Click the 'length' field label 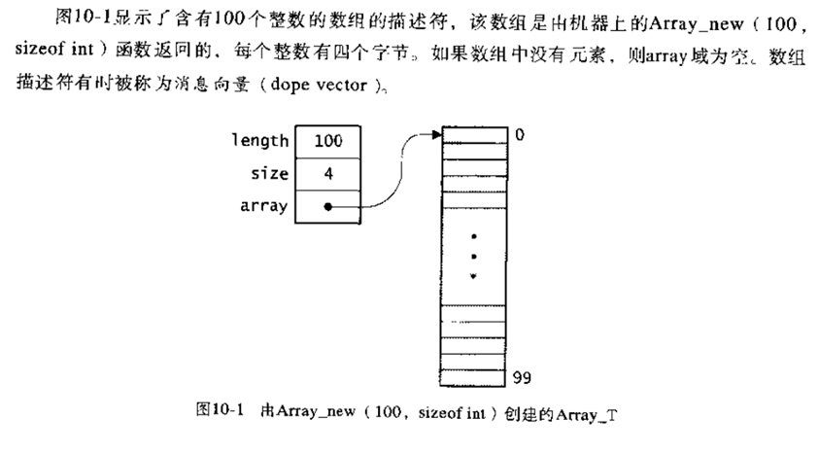coord(259,141)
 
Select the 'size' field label coord(269,174)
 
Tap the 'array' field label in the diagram coord(263,206)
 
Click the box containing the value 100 coord(328,141)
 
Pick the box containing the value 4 coord(328,174)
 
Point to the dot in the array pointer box coord(328,206)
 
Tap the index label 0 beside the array coord(520,135)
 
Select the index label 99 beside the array coord(523,376)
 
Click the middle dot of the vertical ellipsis coord(473,257)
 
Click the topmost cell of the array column coord(473,135)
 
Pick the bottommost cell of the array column coord(473,376)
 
